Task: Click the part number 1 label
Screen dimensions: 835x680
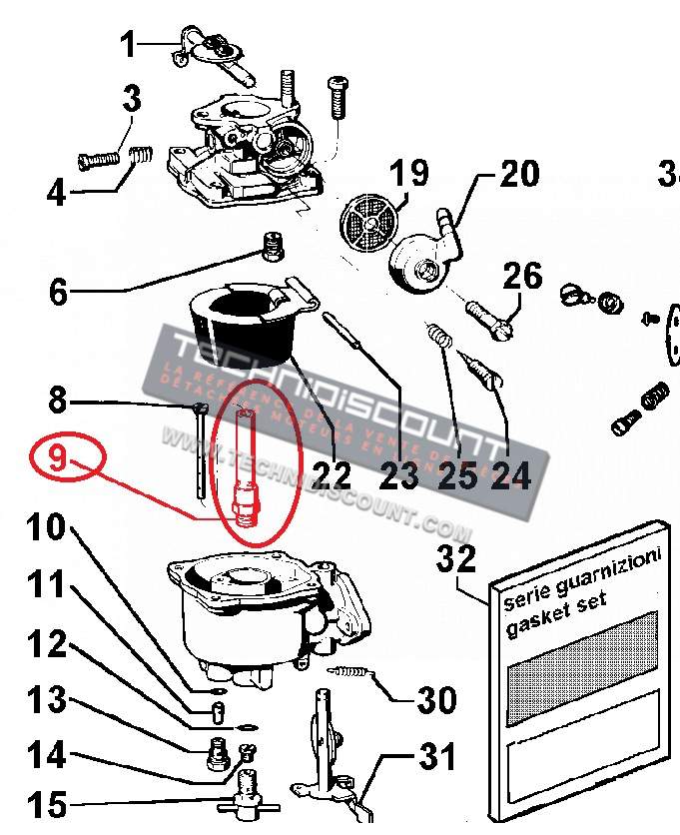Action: pos(129,44)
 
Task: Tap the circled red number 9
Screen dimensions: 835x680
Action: pos(58,459)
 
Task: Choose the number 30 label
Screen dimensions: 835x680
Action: pos(436,700)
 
